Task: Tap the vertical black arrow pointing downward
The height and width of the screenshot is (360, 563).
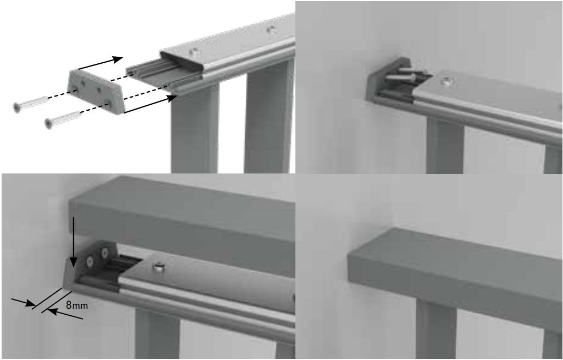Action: [73, 242]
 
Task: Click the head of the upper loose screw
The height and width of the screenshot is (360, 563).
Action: [16, 107]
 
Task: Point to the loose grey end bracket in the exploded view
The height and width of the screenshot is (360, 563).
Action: [95, 91]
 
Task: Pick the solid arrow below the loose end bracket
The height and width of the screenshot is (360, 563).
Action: [150, 104]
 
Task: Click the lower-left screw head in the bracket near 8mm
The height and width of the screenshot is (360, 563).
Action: [89, 262]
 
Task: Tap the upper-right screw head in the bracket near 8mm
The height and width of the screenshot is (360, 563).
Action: [105, 253]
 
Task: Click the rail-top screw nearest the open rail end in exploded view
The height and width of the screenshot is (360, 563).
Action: [194, 52]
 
